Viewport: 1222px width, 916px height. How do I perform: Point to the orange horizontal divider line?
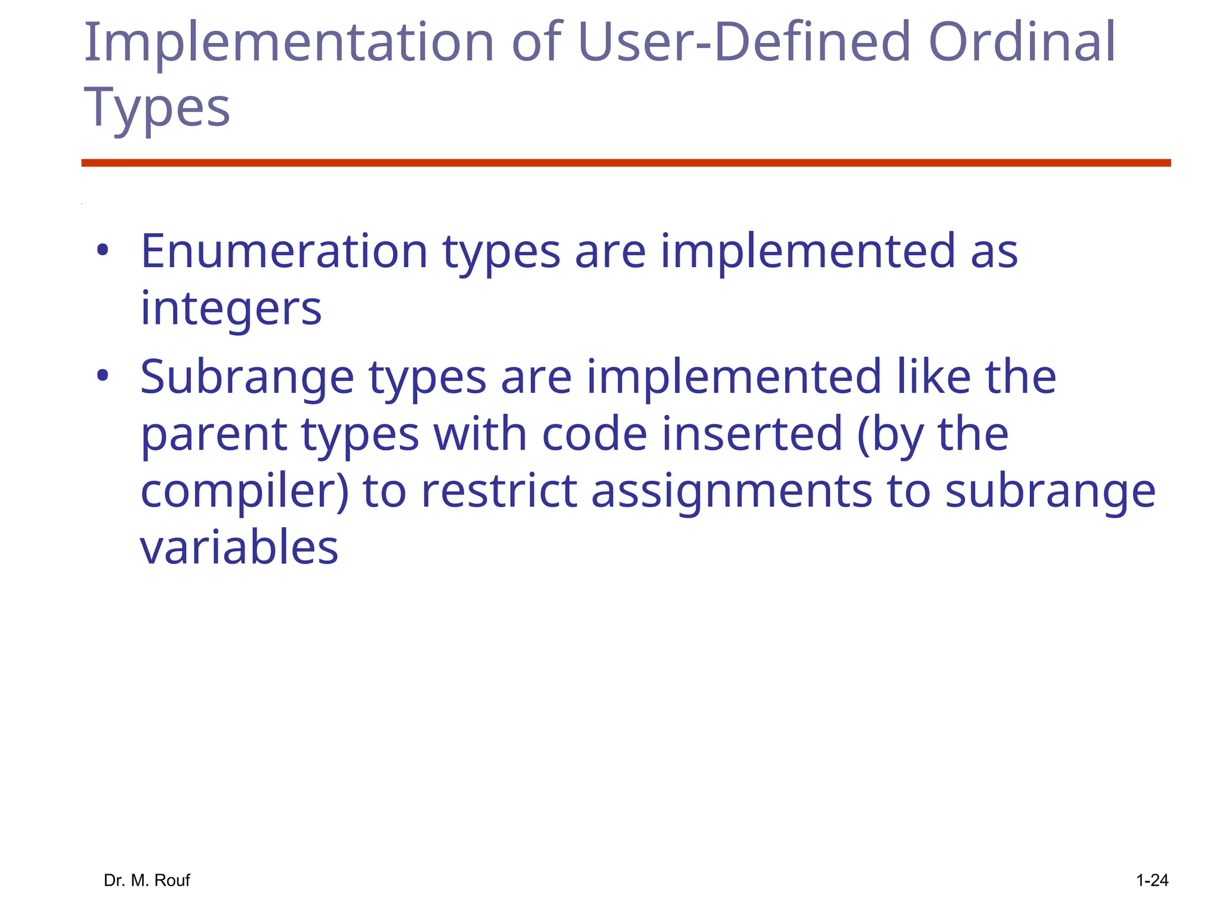pyautogui.click(x=626, y=163)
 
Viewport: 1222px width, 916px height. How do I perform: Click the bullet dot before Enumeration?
pyautogui.click(x=103, y=250)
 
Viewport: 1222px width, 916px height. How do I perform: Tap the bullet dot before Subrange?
pyautogui.click(x=103, y=376)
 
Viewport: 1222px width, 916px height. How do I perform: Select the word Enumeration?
pyautogui.click(x=284, y=252)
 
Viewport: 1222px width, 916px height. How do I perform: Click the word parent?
pyautogui.click(x=214, y=435)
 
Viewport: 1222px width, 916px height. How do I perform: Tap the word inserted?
pyautogui.click(x=752, y=434)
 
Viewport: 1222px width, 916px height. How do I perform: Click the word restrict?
pyautogui.click(x=499, y=491)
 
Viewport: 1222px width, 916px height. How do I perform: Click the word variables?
pyautogui.click(x=239, y=547)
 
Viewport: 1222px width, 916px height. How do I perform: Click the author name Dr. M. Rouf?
pyautogui.click(x=147, y=880)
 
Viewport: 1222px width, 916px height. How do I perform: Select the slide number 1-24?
pyautogui.click(x=1152, y=880)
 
